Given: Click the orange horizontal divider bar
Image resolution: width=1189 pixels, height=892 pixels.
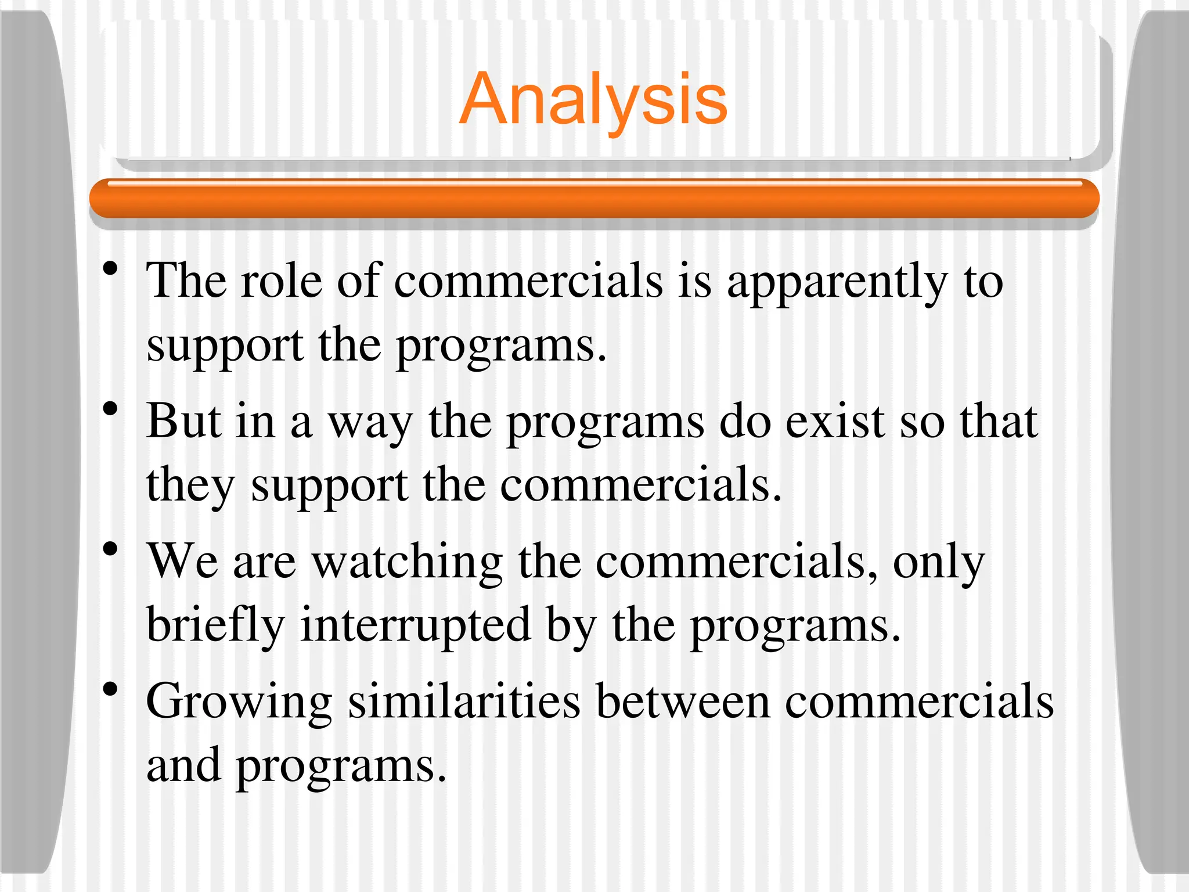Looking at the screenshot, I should point(594,199).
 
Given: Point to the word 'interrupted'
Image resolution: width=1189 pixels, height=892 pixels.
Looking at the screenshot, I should point(415,626).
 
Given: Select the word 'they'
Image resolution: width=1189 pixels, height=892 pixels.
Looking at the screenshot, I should point(190,487).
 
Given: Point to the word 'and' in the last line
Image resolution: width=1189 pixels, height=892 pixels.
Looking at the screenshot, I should point(183,765).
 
